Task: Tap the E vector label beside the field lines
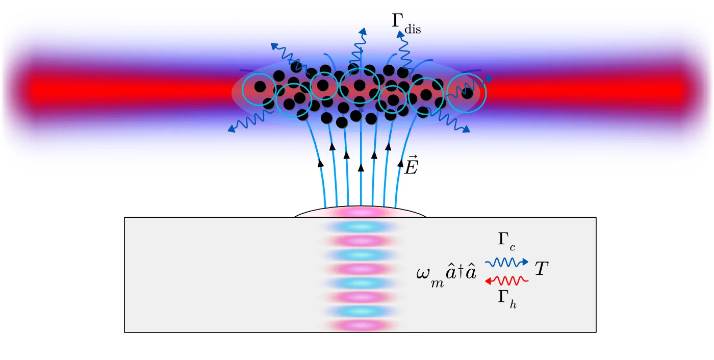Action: click(411, 166)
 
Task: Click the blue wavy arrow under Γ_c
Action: click(506, 263)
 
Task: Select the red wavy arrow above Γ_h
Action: click(506, 280)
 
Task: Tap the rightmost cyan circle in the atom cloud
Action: click(467, 92)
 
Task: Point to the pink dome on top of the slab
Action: click(361, 212)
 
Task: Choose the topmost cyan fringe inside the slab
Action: click(361, 226)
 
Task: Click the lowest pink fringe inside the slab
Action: click(361, 325)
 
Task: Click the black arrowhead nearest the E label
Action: click(400, 164)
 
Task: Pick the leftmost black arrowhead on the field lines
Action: click(321, 164)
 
